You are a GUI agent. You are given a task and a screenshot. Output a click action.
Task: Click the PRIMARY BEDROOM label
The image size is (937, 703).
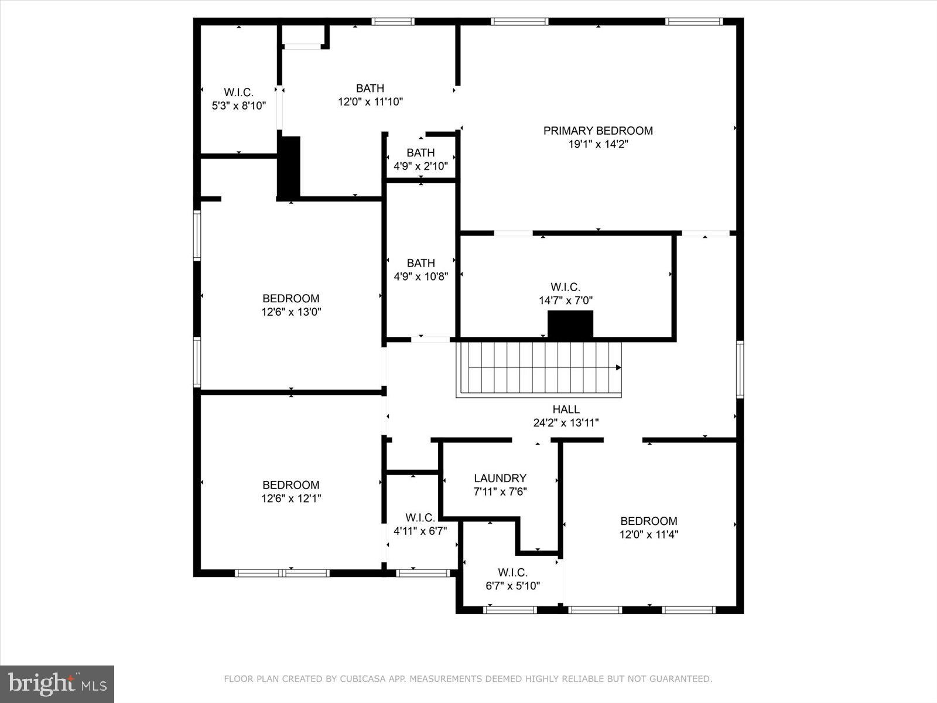tap(597, 131)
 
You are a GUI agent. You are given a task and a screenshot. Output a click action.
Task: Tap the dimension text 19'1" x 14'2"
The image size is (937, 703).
tap(597, 144)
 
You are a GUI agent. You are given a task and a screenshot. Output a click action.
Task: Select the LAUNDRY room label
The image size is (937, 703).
tap(500, 478)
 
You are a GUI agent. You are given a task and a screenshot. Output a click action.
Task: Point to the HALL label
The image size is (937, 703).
tap(566, 409)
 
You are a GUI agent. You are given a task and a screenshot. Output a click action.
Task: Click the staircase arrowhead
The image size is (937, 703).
tap(618, 367)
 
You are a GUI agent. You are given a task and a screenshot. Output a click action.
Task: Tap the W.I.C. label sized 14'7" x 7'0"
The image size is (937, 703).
tap(565, 287)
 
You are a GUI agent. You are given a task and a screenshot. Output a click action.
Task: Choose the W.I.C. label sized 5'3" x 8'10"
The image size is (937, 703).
tap(238, 93)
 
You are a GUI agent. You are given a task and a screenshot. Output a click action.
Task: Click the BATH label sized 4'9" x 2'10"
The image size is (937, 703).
tap(420, 153)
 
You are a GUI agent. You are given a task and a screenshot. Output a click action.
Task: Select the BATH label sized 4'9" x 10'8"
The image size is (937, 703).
tap(420, 263)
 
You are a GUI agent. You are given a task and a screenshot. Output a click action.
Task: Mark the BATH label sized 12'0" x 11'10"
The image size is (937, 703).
tap(370, 88)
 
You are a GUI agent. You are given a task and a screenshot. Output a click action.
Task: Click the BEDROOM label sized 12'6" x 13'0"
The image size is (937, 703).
tap(290, 299)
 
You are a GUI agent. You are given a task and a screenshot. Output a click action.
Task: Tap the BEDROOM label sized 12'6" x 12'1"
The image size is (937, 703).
tap(290, 485)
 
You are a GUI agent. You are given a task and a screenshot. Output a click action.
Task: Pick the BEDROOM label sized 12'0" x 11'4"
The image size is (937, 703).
tap(648, 521)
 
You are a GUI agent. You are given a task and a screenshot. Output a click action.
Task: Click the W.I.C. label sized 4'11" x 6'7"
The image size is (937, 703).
tap(420, 518)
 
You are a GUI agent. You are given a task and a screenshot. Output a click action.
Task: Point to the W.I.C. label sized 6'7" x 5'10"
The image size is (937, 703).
tap(512, 572)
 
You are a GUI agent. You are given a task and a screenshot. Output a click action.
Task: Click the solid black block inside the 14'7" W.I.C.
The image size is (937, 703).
tap(570, 324)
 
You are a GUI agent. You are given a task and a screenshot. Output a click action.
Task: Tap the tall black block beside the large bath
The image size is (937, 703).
tap(289, 167)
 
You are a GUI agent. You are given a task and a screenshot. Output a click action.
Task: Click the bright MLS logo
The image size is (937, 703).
tap(57, 684)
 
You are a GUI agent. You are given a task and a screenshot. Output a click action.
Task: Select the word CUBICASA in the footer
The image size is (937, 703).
tap(363, 679)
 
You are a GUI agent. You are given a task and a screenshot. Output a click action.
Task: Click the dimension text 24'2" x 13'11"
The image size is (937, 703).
tap(566, 423)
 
